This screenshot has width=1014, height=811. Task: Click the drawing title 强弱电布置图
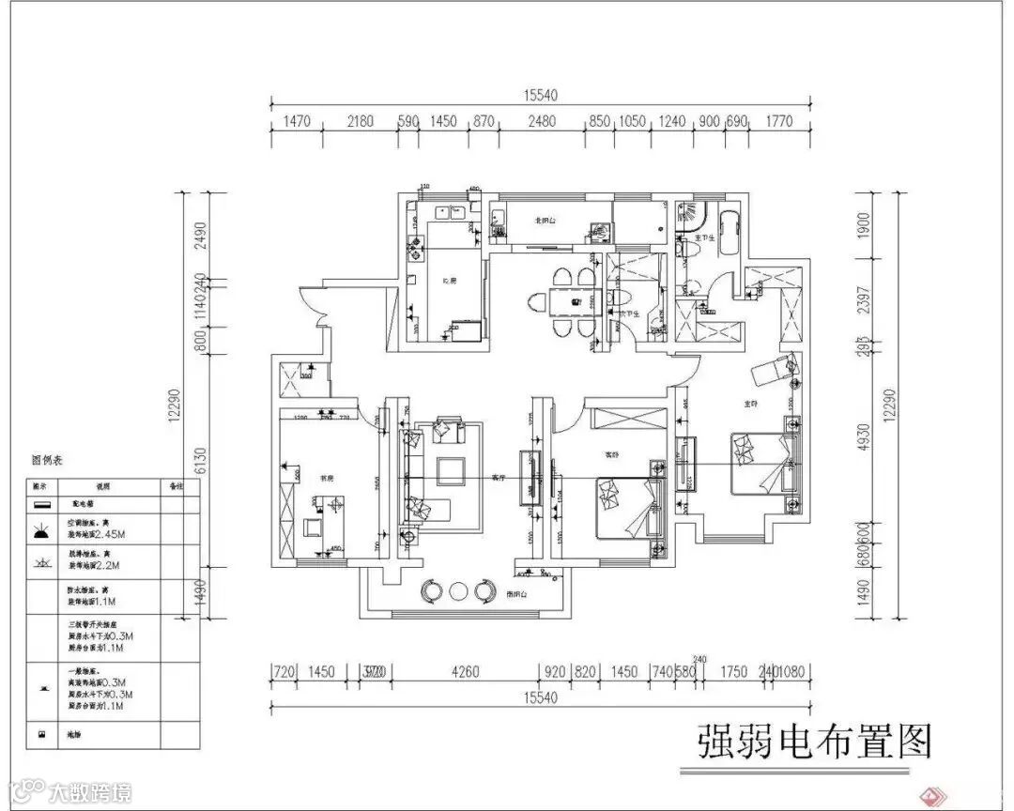(815, 742)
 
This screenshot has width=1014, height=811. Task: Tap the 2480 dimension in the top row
(542, 122)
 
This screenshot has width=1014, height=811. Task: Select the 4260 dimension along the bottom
(465, 672)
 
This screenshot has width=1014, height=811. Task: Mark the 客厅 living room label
(499, 478)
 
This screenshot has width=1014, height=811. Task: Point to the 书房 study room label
(328, 478)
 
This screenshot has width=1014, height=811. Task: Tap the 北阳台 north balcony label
(545, 222)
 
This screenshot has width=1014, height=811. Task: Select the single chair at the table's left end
(538, 304)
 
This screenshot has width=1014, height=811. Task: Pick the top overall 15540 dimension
(540, 95)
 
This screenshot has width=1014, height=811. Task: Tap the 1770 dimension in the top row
(779, 122)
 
